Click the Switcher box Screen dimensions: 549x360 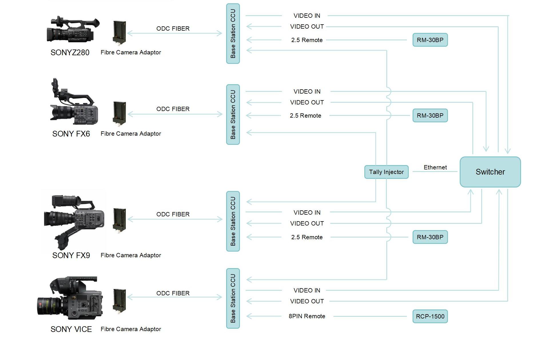(x=490, y=172)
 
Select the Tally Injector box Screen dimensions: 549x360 (x=386, y=172)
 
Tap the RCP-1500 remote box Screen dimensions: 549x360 (x=430, y=316)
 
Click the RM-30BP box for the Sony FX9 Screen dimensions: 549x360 (x=430, y=237)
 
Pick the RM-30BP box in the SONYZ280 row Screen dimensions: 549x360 (x=430, y=40)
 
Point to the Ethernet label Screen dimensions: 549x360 (x=435, y=167)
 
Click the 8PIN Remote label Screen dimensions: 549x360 (x=307, y=316)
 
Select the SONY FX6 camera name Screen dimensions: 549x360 (x=71, y=134)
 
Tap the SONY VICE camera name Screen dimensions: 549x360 (x=71, y=329)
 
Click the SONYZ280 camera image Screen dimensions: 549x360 (x=73, y=29)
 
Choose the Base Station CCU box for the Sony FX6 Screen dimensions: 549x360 (x=233, y=114)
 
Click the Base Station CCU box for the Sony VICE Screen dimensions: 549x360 (x=233, y=298)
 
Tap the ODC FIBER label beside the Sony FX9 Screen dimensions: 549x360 (x=173, y=214)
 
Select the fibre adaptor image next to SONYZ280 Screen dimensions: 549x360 (x=120, y=33)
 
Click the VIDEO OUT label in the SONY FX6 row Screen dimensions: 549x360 (x=307, y=102)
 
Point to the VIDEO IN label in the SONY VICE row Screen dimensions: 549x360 (x=307, y=290)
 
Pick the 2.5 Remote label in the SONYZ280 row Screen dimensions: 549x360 (x=307, y=40)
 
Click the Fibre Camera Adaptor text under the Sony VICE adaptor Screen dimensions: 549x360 (x=131, y=329)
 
